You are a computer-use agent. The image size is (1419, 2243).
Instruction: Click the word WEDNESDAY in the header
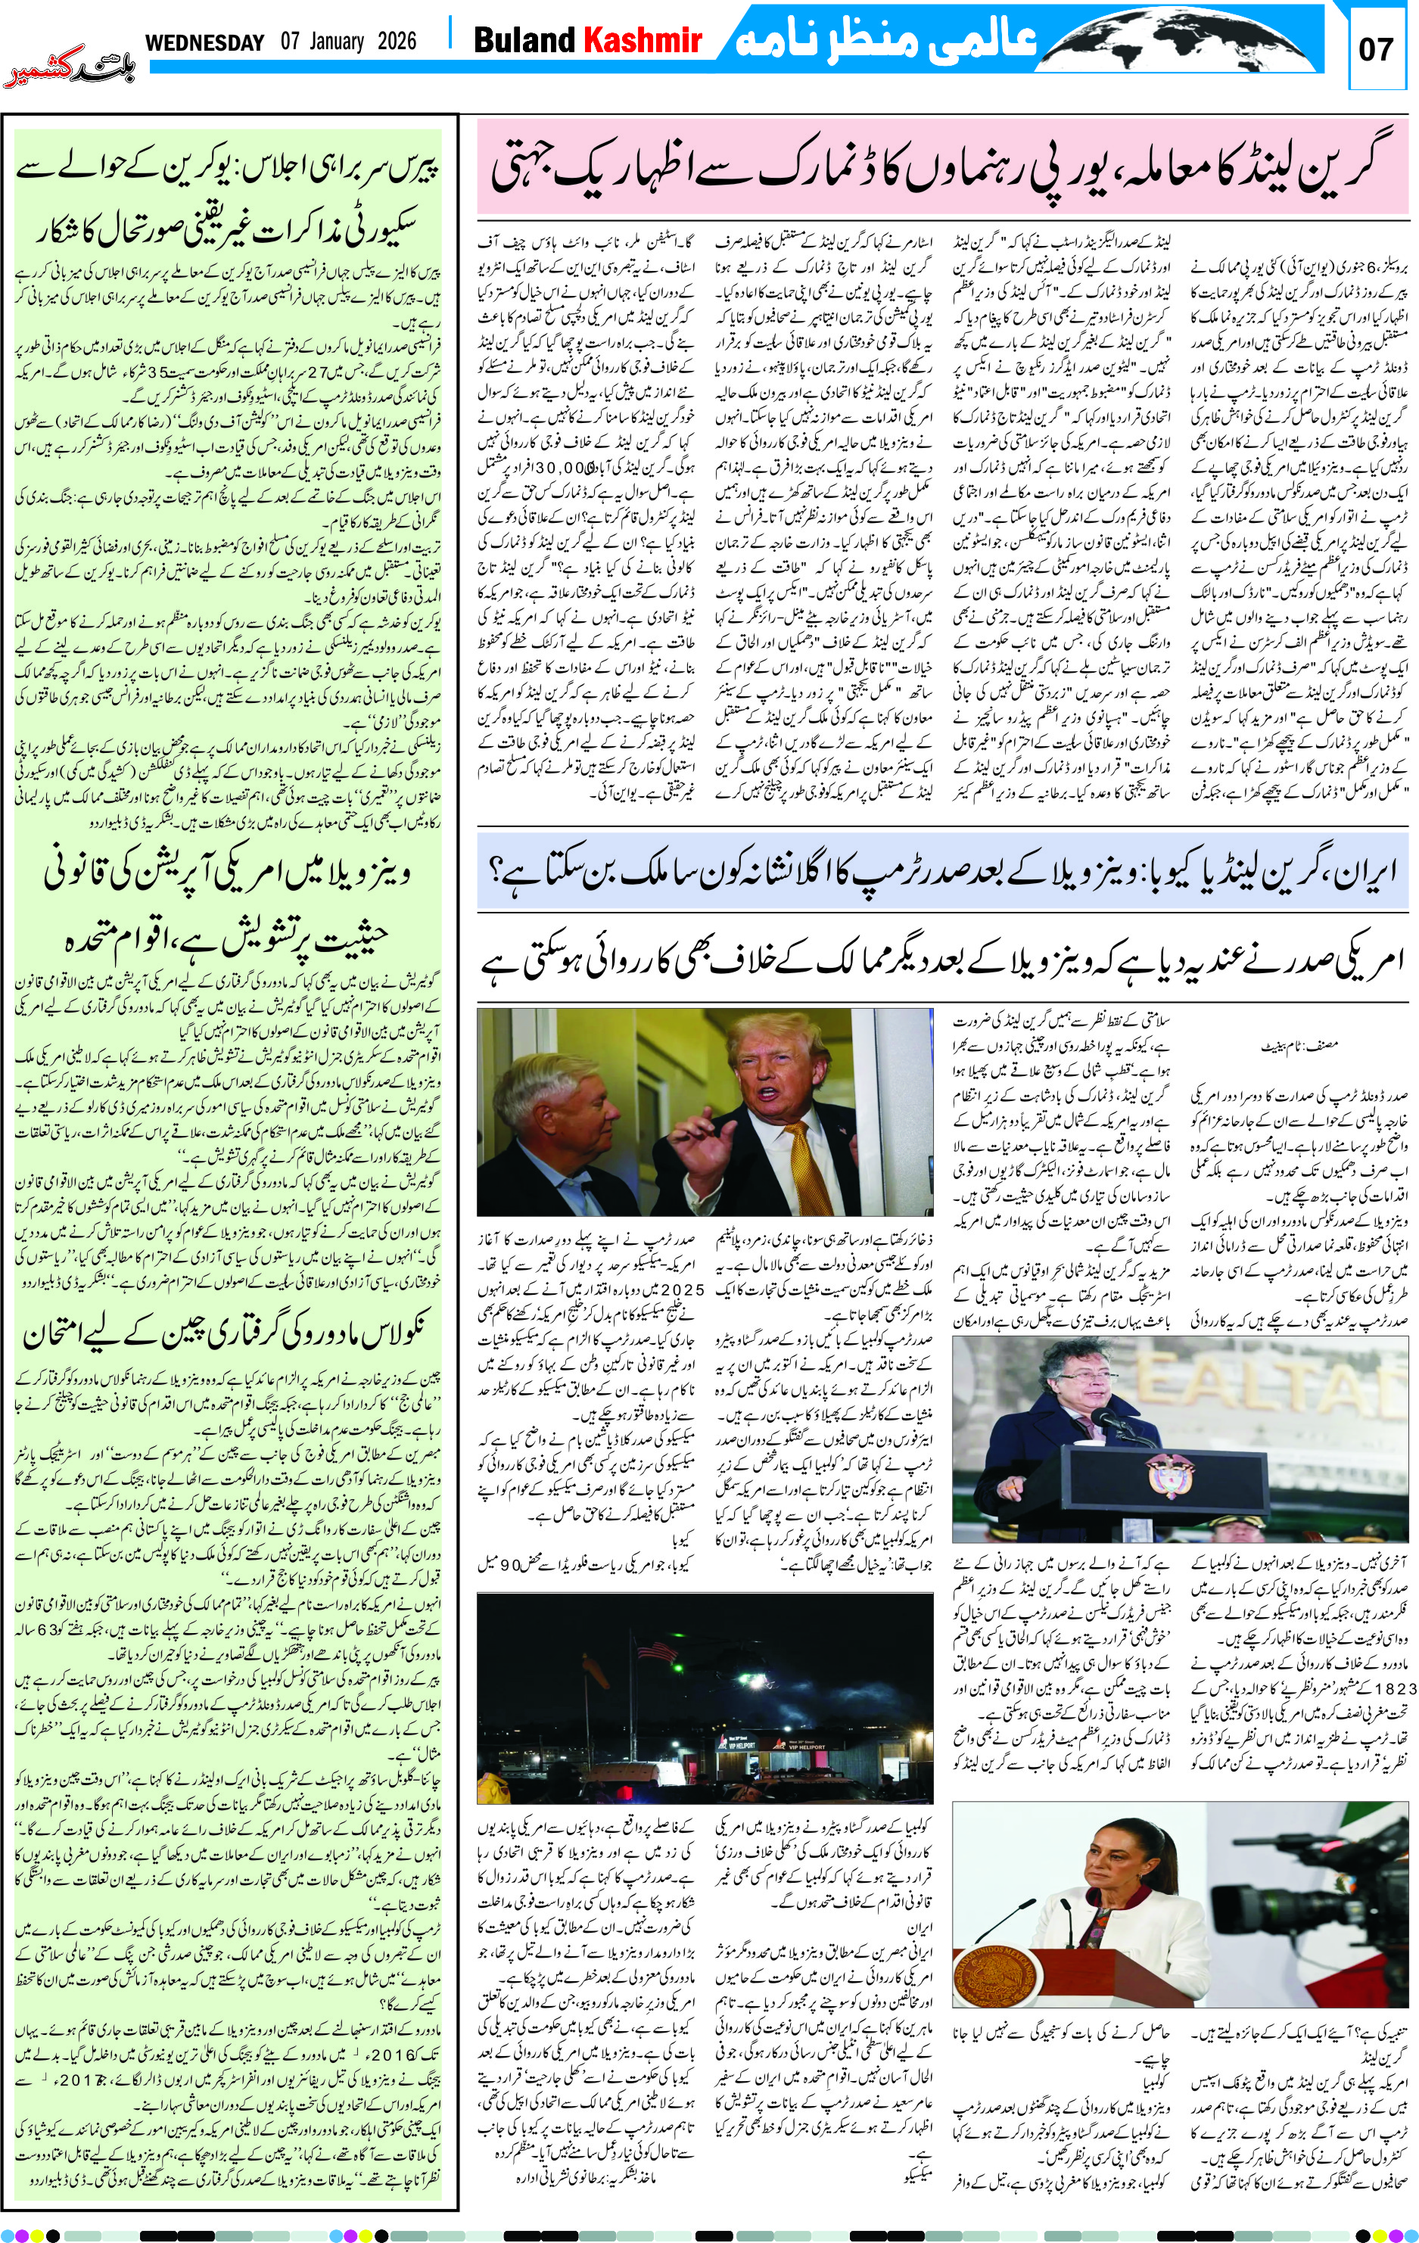[x=205, y=42]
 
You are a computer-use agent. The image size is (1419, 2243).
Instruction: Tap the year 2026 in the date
[x=397, y=42]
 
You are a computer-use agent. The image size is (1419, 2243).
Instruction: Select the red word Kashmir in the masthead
[x=642, y=40]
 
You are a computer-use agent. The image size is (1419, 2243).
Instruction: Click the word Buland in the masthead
[x=524, y=40]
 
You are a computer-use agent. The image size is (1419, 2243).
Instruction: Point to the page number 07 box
[x=1375, y=48]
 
